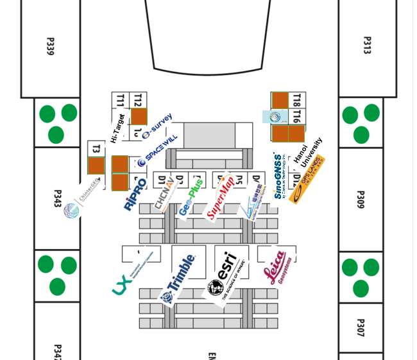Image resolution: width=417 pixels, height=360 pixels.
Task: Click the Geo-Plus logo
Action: pyautogui.click(x=191, y=198)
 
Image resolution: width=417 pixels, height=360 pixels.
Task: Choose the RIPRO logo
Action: pyautogui.click(x=135, y=194)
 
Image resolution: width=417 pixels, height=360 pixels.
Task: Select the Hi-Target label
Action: pyautogui.click(x=117, y=128)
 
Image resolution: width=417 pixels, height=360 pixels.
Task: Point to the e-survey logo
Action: pyautogui.click(x=157, y=126)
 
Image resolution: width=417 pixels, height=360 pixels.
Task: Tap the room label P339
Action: pyautogui.click(x=50, y=46)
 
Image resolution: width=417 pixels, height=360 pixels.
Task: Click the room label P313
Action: pyautogui.click(x=367, y=45)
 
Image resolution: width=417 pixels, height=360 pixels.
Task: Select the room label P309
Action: pyautogui.click(x=360, y=199)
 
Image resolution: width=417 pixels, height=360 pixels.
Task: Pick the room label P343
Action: pyautogui.click(x=57, y=198)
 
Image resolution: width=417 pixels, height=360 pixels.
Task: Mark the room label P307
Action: pyautogui.click(x=360, y=327)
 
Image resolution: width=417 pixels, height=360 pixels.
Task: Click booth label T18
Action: pyautogui.click(x=296, y=100)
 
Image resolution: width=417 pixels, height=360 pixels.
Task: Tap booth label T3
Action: pyautogui.click(x=96, y=149)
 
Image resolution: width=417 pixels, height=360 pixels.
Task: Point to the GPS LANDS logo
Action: pyautogui.click(x=307, y=180)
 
